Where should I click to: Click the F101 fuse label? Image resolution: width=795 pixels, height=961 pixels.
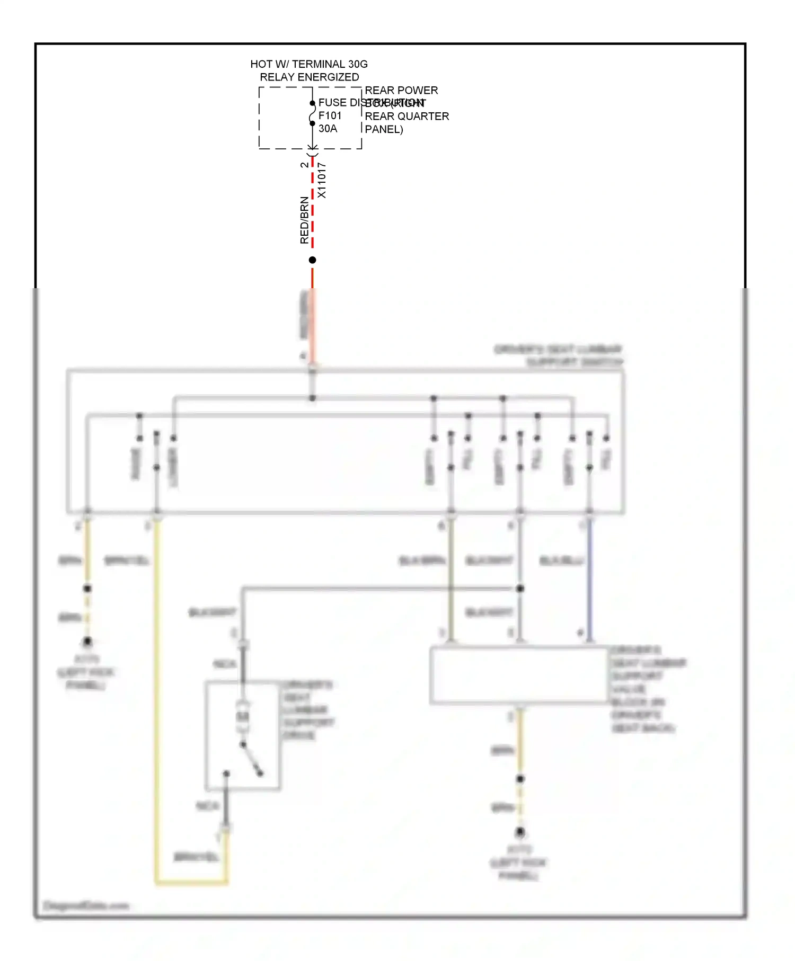tap(330, 115)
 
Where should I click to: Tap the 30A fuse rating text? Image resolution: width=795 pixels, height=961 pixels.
tap(328, 129)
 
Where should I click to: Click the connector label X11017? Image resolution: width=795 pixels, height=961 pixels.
tap(322, 181)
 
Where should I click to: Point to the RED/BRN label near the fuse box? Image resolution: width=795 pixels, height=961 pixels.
tap(304, 220)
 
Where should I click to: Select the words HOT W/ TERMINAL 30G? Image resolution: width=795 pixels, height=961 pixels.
tap(309, 64)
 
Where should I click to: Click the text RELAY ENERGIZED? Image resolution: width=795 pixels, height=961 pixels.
tap(309, 77)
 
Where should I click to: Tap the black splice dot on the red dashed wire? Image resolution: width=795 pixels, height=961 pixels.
tap(313, 260)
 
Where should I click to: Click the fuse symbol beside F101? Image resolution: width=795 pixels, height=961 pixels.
tap(313, 114)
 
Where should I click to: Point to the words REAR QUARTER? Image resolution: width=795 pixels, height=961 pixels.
tap(407, 117)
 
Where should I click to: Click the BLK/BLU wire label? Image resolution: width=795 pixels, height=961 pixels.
tap(561, 560)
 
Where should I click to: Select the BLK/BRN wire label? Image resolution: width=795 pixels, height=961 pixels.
tap(422, 560)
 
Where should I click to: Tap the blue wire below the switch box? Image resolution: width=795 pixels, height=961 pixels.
tap(589, 577)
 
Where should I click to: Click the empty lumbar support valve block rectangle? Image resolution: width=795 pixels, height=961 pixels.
tap(519, 675)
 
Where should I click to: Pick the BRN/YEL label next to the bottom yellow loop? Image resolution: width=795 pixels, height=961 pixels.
tap(196, 857)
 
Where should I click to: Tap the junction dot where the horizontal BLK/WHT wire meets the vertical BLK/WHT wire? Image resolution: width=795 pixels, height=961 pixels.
tap(520, 589)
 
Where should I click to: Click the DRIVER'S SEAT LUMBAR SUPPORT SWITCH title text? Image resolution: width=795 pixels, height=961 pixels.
tap(558, 355)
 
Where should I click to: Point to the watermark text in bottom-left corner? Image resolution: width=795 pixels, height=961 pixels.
tap(86, 905)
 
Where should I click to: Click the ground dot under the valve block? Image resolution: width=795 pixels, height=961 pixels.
tap(520, 832)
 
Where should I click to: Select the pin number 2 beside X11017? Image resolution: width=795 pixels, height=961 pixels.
tap(304, 165)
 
